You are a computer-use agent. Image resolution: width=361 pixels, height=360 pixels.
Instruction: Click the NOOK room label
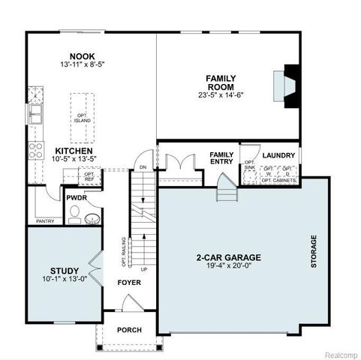pyautogui.click(x=83, y=55)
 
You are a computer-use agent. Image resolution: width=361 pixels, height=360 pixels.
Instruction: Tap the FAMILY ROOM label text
pyautogui.click(x=227, y=82)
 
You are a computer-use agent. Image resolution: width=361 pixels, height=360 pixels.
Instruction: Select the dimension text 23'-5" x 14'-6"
pyautogui.click(x=227, y=95)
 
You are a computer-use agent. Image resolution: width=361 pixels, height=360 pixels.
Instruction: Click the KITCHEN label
pyautogui.click(x=74, y=151)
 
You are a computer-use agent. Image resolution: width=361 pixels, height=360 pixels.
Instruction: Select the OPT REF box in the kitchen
pyautogui.click(x=89, y=177)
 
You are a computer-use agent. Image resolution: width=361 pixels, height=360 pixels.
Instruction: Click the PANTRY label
pyautogui.click(x=45, y=221)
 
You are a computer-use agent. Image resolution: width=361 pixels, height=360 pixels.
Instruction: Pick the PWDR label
pyautogui.click(x=76, y=198)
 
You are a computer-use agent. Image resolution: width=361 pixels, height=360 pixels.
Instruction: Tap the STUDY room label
pyautogui.click(x=65, y=270)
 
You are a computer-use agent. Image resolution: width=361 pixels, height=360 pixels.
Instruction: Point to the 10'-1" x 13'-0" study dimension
pyautogui.click(x=65, y=280)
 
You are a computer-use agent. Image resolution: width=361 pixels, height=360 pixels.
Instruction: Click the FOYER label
pyautogui.click(x=128, y=283)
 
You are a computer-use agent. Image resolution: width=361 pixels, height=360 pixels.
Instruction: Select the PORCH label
pyautogui.click(x=128, y=330)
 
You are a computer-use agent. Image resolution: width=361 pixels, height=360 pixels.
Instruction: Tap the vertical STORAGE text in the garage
pyautogui.click(x=314, y=251)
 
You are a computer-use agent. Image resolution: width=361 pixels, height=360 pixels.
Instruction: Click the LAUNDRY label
pyautogui.click(x=278, y=155)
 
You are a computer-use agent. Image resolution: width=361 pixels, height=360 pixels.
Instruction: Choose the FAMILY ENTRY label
pyautogui.click(x=221, y=158)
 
